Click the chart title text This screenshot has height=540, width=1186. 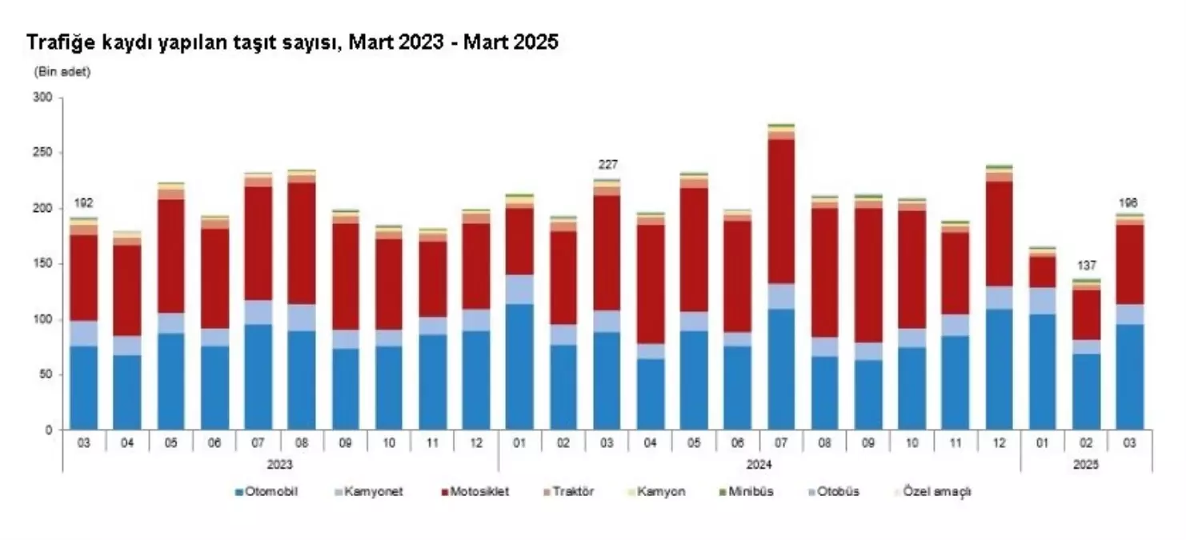293,43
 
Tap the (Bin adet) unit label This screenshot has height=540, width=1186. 62,72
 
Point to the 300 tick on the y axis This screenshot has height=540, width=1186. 43,98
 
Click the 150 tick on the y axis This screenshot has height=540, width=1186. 43,264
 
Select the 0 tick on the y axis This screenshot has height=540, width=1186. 48,430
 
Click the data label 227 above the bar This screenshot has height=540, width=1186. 607,165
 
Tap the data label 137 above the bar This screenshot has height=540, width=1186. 1086,266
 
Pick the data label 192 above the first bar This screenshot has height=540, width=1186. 83,203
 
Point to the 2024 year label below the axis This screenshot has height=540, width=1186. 759,464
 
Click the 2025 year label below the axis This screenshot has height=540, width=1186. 1086,464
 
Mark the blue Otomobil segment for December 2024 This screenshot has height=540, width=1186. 999,369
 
